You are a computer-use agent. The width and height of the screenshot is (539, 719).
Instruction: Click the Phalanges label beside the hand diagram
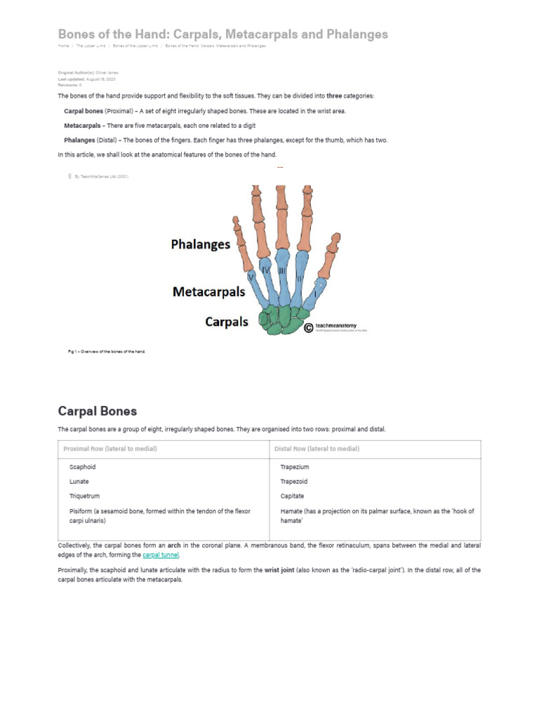pyautogui.click(x=200, y=244)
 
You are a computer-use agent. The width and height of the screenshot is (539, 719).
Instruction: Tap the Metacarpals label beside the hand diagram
pyautogui.click(x=208, y=291)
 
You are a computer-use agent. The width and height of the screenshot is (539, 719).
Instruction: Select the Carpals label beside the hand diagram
pyautogui.click(x=226, y=322)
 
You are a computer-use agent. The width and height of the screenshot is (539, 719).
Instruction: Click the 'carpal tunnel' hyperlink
pyautogui.click(x=161, y=555)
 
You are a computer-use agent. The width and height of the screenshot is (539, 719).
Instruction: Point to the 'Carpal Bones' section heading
pyautogui.click(x=97, y=411)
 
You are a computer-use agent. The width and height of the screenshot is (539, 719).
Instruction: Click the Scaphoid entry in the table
pyautogui.click(x=82, y=467)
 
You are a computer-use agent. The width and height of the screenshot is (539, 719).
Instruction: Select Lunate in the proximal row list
pyautogui.click(x=79, y=482)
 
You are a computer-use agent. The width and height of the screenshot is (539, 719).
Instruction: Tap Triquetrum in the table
pyautogui.click(x=84, y=496)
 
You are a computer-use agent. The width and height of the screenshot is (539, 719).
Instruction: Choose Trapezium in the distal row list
pyautogui.click(x=294, y=467)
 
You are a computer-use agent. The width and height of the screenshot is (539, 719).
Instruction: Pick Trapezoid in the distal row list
pyautogui.click(x=293, y=482)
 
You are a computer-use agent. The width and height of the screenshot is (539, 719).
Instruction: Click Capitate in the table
pyautogui.click(x=292, y=496)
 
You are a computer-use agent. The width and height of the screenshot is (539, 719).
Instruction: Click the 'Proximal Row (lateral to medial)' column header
pyautogui.click(x=110, y=449)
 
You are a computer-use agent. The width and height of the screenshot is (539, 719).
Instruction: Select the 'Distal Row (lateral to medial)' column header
pyautogui.click(x=317, y=449)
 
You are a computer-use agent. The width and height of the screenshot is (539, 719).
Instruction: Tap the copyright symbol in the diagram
pyautogui.click(x=309, y=327)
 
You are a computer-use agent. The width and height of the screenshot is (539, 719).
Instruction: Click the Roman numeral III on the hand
pyautogui.click(x=281, y=270)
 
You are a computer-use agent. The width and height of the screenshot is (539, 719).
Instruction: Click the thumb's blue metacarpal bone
pyautogui.click(x=317, y=290)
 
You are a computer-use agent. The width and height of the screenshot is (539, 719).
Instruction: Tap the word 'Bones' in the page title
pyautogui.click(x=75, y=34)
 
